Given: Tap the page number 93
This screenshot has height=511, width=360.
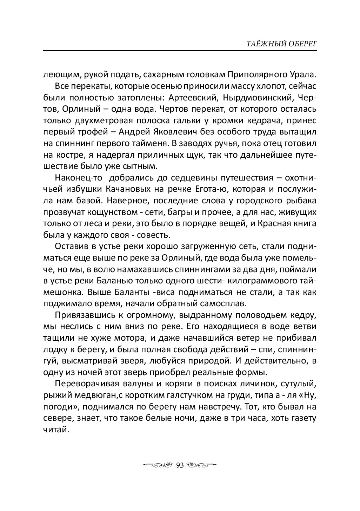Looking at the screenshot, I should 180,465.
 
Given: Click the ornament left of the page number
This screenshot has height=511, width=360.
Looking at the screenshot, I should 158,465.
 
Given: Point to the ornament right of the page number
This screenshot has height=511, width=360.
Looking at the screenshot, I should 201,465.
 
